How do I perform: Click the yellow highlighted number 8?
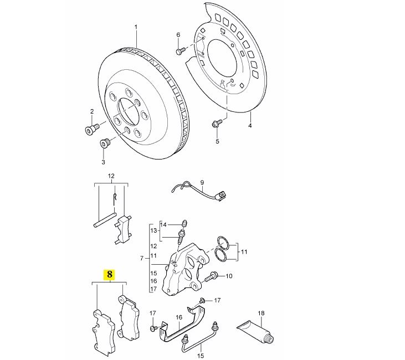[x=110, y=274]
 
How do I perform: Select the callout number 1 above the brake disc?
[x=136, y=27]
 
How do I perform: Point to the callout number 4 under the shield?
[x=250, y=126]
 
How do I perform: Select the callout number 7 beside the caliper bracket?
[x=141, y=258]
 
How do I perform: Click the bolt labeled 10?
[x=212, y=277]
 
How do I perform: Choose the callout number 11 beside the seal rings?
[x=244, y=251]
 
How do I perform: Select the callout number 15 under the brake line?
[x=201, y=356]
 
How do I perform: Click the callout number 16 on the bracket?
[x=179, y=317]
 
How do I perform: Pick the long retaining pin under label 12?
[x=105, y=220]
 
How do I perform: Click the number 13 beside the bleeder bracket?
[x=153, y=230]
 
